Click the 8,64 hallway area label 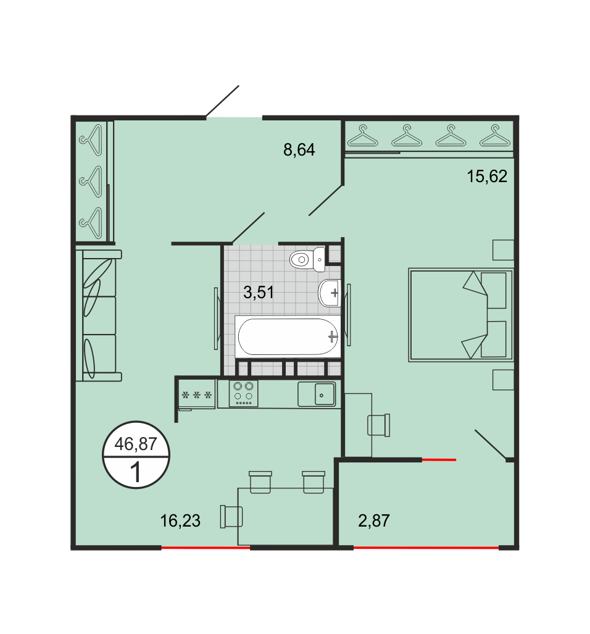point(299,150)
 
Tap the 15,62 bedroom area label point(487,177)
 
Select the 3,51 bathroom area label point(259,292)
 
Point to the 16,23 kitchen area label point(180,521)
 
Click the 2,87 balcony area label point(374,521)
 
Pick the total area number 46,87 point(136,444)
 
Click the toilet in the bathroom point(307,259)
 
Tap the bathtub point(288,336)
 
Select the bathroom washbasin point(330,293)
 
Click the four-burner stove point(243,393)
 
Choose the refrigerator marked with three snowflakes point(196,394)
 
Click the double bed point(460,315)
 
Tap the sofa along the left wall point(99,315)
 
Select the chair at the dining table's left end point(231,516)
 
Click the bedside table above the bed point(503,250)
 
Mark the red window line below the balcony point(426,548)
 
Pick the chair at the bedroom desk point(379,425)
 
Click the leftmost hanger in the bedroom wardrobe point(362,136)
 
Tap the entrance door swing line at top point(222,101)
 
